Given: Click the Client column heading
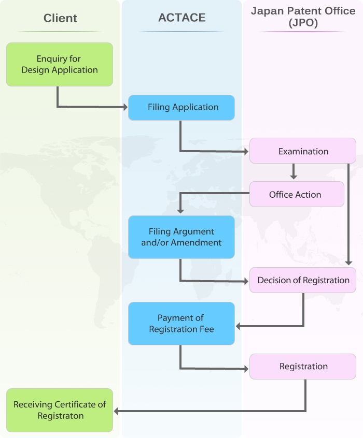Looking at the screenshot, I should tap(60, 18).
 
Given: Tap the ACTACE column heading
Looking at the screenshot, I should tap(181, 18).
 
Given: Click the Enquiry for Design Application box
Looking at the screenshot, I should tap(60, 64).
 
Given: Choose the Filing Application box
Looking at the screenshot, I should tap(181, 107).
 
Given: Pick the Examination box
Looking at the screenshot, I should tap(303, 151).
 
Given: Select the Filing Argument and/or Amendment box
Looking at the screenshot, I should tap(181, 237).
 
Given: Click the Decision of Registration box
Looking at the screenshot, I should tap(303, 280).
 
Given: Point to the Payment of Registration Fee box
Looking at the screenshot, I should tap(181, 324).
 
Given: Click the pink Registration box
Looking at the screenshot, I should tap(303, 366).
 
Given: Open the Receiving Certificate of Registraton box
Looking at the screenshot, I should tap(60, 410).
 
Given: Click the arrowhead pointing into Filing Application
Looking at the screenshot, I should tap(125, 107).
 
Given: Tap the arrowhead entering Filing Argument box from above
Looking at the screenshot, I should tap(180, 211).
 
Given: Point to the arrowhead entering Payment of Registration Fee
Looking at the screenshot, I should tap(239, 326).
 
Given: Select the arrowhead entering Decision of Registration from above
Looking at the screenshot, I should tap(349, 262).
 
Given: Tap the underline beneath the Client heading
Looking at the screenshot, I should tap(60, 32).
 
